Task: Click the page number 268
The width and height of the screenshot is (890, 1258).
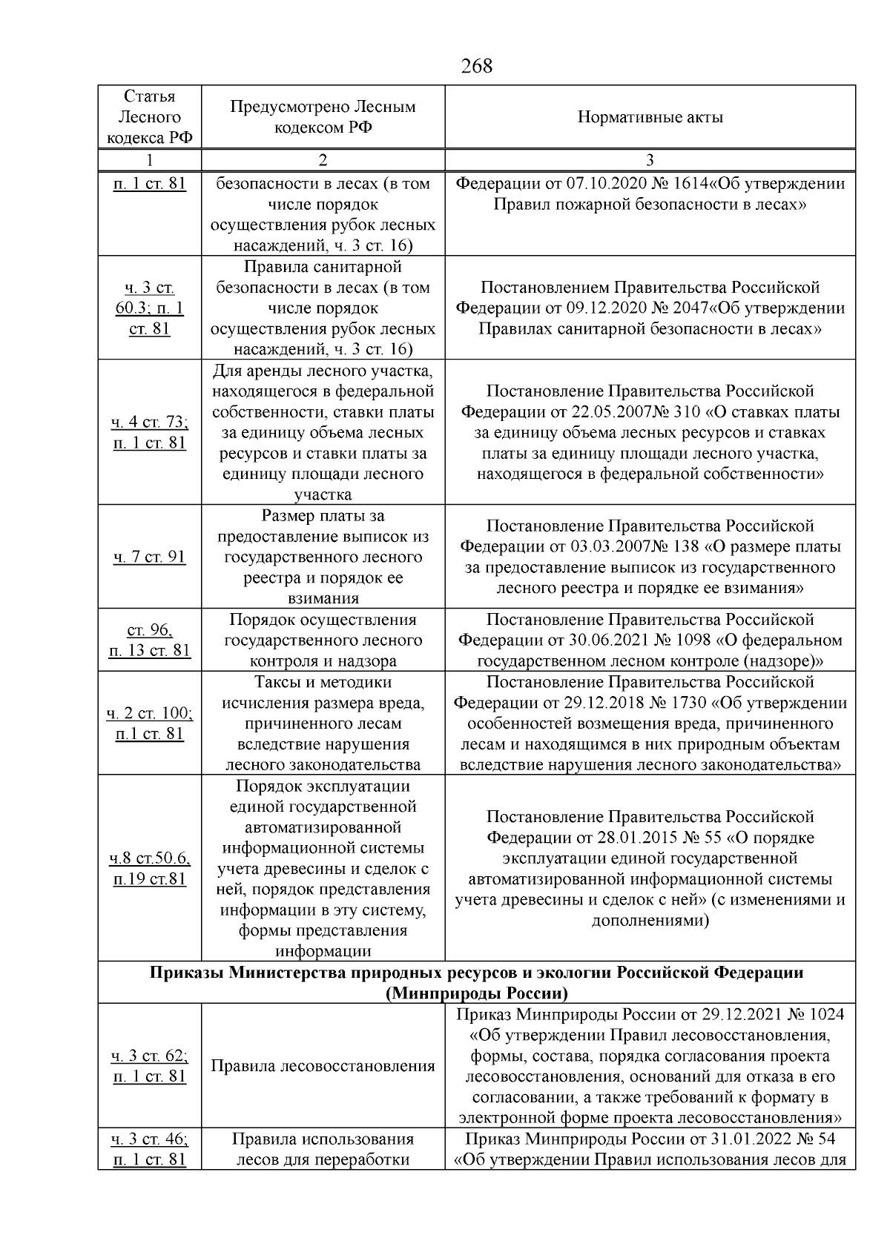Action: tap(476, 66)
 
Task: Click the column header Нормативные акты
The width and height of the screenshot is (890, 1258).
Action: tap(650, 117)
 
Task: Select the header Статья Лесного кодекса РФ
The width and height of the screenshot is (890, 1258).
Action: tap(150, 117)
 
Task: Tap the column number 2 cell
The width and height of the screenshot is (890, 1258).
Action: tap(323, 160)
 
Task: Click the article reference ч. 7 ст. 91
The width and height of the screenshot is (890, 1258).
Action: tap(150, 557)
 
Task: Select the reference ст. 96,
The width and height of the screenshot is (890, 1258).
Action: tap(150, 630)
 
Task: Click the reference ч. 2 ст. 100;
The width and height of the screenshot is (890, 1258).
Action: tap(150, 713)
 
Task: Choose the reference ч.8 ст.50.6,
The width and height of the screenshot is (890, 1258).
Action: tap(150, 858)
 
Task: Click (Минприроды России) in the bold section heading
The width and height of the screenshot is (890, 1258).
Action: tap(476, 993)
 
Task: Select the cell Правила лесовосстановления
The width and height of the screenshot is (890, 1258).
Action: tap(323, 1066)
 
